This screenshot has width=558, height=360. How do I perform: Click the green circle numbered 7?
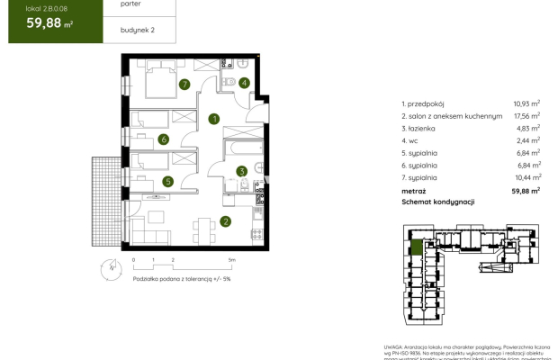click(x=184, y=85)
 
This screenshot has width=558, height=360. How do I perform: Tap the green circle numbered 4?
click(x=245, y=82)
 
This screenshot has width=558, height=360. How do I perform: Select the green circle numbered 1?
click(x=214, y=118)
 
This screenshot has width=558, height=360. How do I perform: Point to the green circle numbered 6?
click(x=164, y=139)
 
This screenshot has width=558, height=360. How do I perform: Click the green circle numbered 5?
click(x=167, y=181)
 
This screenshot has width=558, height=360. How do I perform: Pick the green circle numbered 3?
click(x=241, y=171)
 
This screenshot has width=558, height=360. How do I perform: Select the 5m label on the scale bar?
click(x=231, y=259)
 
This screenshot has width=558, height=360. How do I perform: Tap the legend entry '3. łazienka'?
click(x=421, y=129)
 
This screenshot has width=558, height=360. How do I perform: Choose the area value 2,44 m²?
click(x=526, y=141)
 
